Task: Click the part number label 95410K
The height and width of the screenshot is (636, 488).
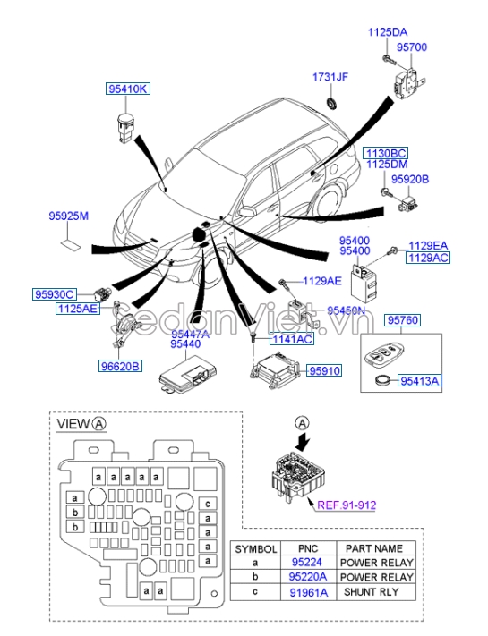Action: (129, 89)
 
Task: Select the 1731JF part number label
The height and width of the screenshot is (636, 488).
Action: (330, 77)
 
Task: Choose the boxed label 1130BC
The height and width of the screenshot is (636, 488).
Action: (385, 153)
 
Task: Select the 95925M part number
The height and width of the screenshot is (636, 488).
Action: (69, 216)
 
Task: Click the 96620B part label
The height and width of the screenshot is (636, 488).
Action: (120, 365)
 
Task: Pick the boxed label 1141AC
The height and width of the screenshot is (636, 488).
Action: (292, 339)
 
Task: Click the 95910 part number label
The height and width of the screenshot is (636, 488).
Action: (325, 369)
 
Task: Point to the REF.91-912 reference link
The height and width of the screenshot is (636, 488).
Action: (348, 505)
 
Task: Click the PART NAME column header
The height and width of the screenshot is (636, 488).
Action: (374, 547)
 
